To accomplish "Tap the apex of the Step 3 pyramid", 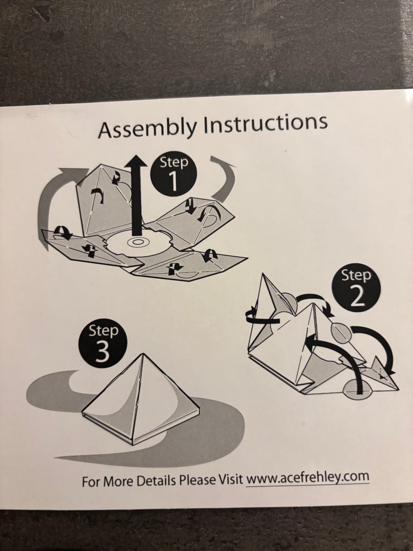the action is pyautogui.click(x=143, y=354).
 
